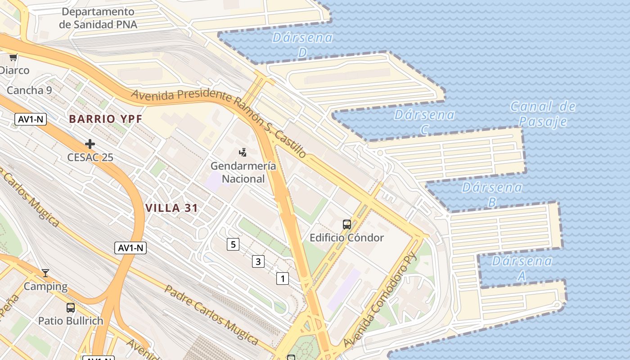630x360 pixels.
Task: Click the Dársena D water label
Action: (x=302, y=45)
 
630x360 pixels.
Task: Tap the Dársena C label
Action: (x=424, y=121)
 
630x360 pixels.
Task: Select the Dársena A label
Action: (x=522, y=268)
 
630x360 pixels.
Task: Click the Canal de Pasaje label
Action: (x=543, y=114)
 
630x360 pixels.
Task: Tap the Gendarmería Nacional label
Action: (x=243, y=172)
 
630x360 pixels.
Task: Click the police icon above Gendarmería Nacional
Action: (x=243, y=153)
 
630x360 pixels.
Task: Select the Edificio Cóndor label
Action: (x=346, y=238)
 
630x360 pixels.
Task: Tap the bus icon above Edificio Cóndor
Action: (x=347, y=224)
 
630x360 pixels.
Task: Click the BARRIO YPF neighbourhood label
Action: (x=105, y=119)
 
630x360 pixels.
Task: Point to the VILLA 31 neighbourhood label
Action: (x=172, y=208)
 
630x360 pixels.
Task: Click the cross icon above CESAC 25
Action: (x=90, y=144)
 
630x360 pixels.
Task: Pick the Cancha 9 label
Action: (x=29, y=90)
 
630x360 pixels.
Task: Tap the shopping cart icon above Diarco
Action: (x=13, y=57)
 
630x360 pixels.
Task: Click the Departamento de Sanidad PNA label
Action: (x=98, y=18)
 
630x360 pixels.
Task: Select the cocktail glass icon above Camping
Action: (x=45, y=273)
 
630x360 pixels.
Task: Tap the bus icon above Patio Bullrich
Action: (x=71, y=308)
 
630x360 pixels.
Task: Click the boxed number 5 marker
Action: (x=233, y=244)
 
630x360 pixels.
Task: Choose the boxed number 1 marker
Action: (x=283, y=279)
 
